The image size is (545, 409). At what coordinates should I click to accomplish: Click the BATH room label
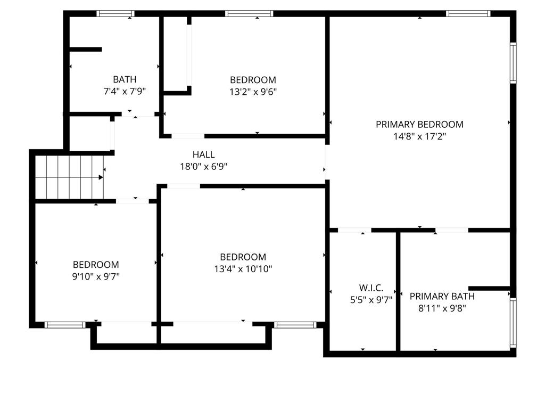click(x=125, y=79)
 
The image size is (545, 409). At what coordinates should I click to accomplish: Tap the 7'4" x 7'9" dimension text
click(x=125, y=91)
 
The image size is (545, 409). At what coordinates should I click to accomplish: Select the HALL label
click(x=204, y=154)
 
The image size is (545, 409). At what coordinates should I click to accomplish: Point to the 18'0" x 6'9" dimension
click(x=204, y=166)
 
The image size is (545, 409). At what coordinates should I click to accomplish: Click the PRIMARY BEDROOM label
click(x=419, y=124)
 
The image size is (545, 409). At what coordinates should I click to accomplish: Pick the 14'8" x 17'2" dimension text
click(x=419, y=136)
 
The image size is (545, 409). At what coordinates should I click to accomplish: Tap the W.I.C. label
click(x=371, y=288)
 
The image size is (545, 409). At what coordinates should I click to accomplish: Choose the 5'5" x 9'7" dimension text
click(x=371, y=299)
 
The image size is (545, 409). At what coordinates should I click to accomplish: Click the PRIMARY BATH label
click(x=442, y=296)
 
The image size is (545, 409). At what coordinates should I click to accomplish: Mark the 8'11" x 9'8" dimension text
click(x=442, y=308)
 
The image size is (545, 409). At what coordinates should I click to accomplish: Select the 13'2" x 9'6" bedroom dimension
click(x=253, y=92)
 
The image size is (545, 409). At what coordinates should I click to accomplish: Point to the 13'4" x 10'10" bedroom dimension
click(x=243, y=268)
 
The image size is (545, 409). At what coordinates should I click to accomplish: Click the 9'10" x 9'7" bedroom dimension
click(x=96, y=276)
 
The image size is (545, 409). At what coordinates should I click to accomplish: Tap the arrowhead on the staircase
click(x=101, y=177)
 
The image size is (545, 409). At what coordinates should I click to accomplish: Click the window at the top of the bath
click(x=115, y=13)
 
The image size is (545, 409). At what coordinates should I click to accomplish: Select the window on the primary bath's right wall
click(x=513, y=322)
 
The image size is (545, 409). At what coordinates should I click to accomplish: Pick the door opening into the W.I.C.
click(x=354, y=230)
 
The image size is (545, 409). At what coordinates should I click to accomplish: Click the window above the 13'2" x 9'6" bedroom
click(x=249, y=13)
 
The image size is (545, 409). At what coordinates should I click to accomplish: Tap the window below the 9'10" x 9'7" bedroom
click(x=65, y=325)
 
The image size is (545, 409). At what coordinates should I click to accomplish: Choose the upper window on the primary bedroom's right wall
click(x=513, y=63)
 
